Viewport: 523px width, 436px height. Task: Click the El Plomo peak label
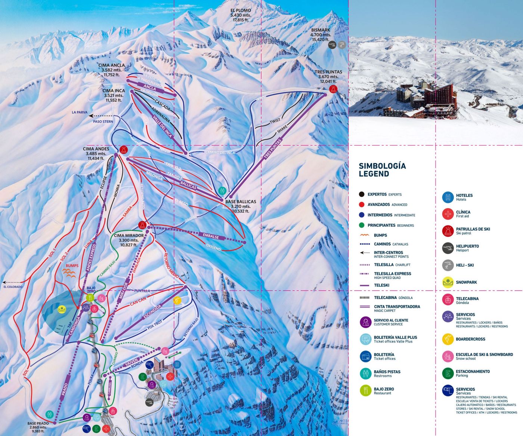(x=241, y=15)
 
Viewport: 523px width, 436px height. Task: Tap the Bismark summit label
(x=321, y=34)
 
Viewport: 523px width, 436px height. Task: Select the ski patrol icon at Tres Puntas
(x=333, y=89)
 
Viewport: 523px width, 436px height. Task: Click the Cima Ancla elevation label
(x=112, y=70)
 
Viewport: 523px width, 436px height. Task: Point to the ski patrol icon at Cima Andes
(x=124, y=150)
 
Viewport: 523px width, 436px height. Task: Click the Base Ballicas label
(x=241, y=206)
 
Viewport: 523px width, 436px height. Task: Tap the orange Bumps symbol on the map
(x=69, y=273)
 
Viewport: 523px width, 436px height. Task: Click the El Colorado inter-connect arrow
(x=11, y=282)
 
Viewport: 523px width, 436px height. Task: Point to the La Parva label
(x=80, y=112)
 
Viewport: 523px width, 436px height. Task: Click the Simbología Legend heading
(x=382, y=170)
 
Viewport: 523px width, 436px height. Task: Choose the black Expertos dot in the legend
(x=361, y=194)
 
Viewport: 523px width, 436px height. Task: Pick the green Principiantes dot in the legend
(x=361, y=225)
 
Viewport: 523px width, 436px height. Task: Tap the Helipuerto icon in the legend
(x=448, y=248)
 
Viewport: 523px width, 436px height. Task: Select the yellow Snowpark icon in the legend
(x=448, y=282)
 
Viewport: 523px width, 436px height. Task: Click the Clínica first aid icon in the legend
(x=448, y=214)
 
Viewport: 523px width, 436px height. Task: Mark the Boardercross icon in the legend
(x=448, y=339)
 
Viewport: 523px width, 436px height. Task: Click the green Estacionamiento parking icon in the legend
(x=448, y=373)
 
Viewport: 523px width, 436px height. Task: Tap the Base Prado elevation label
(x=38, y=427)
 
